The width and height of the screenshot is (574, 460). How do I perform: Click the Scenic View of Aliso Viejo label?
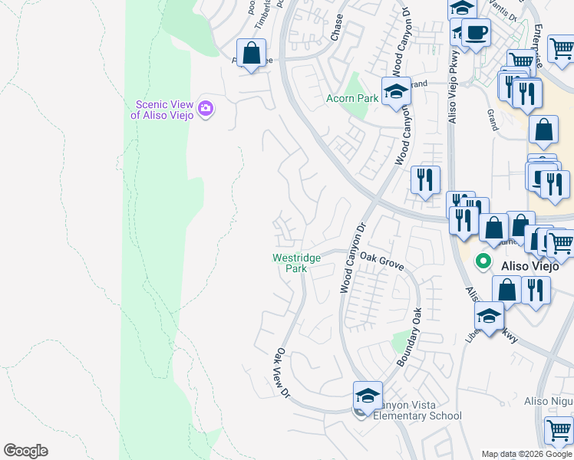tap(163, 110)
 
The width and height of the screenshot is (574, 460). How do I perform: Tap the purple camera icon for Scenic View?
tap(205, 108)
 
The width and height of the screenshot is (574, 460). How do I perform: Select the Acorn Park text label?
tap(352, 98)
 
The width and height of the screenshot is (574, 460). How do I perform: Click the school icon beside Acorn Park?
tap(396, 91)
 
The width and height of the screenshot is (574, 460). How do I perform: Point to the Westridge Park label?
tap(291, 263)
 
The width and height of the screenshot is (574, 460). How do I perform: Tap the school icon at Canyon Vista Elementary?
tap(368, 397)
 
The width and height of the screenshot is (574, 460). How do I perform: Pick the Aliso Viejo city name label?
tap(533, 265)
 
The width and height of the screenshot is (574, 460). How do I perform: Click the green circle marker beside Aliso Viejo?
tap(483, 261)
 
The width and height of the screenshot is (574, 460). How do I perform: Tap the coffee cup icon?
tap(476, 33)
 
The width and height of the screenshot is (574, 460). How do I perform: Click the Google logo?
tap(25, 451)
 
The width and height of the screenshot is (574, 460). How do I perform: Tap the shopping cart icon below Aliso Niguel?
tap(558, 432)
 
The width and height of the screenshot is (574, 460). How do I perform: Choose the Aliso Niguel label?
tap(548, 401)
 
